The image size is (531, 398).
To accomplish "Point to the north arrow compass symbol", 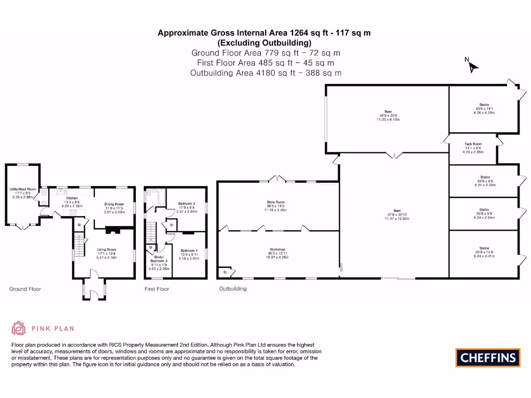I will [x=472, y=66].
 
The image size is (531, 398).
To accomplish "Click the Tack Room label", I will [x=473, y=144].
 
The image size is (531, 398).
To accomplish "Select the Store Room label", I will [x=276, y=202].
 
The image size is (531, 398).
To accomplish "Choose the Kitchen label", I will [x=72, y=197].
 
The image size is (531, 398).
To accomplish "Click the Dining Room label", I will [x=115, y=204].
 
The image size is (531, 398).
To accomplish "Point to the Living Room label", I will [x=107, y=249].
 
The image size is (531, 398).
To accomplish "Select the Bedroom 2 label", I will [x=186, y=204].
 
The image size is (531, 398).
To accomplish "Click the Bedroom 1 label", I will [x=189, y=250].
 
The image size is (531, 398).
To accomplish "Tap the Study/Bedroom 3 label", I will [x=158, y=260].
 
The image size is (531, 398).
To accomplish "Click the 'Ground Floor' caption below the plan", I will [x=25, y=289].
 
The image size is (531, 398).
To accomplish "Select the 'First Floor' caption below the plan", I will [x=157, y=289].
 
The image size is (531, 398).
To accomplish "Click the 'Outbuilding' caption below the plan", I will [x=233, y=289].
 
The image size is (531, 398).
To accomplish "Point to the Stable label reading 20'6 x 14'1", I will [x=484, y=105].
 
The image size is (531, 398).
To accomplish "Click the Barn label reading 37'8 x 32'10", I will [x=397, y=211].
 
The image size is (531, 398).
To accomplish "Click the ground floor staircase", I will [x=77, y=245].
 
